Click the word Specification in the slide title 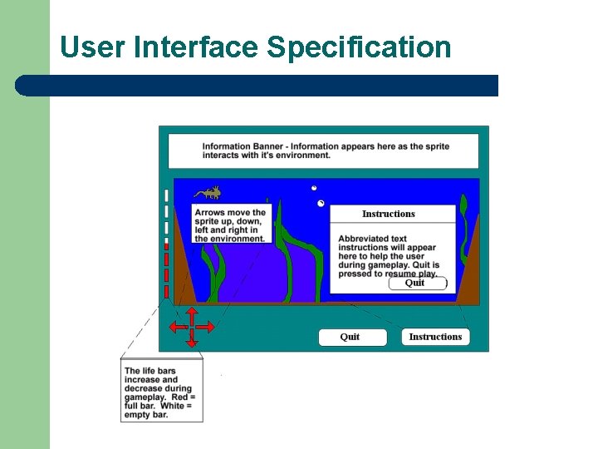359,47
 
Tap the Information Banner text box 323,150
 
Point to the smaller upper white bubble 314,188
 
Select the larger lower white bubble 321,204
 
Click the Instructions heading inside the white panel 388,214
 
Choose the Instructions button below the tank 435,337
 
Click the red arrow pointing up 191,313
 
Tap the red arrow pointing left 176,327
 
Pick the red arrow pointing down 191,341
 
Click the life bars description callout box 161,392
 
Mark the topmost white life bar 166,195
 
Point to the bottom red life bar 166,290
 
